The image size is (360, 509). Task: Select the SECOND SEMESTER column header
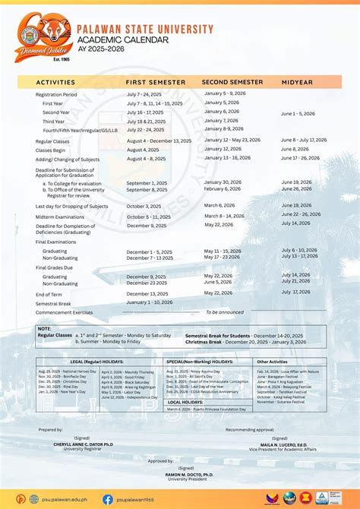pyautogui.click(x=232, y=81)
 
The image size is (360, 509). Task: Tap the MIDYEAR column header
pyautogui.click(x=297, y=81)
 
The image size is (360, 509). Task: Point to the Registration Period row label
pyautogui.click(x=56, y=95)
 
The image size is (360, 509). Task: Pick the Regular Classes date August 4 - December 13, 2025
pyautogui.click(x=159, y=141)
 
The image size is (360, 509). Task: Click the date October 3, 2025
pyautogui.click(x=144, y=206)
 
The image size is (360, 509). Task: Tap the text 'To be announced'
pyautogui.click(x=225, y=312)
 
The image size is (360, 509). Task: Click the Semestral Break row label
pyautogui.click(x=52, y=303)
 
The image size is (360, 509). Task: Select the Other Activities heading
pyautogui.click(x=272, y=362)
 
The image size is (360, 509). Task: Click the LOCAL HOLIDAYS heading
pyautogui.click(x=185, y=402)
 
